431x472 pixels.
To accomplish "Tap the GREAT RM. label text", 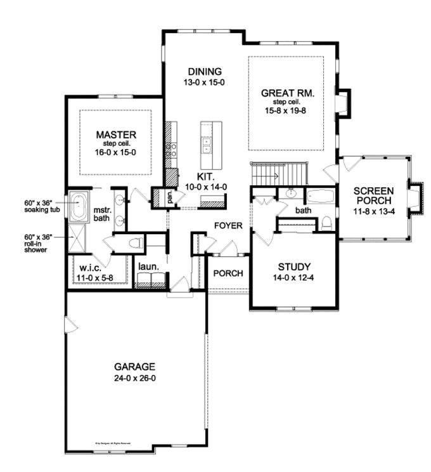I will click(x=288, y=93).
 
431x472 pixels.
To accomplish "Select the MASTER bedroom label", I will click(x=116, y=134).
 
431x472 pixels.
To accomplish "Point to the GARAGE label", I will click(x=134, y=367).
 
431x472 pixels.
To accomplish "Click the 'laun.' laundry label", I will click(x=148, y=268).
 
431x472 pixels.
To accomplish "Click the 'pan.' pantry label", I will click(x=170, y=197).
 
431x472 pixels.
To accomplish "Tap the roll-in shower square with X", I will click(x=79, y=240).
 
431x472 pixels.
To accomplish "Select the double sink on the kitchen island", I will click(x=207, y=145).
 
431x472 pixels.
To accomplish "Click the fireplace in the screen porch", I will click(x=415, y=197).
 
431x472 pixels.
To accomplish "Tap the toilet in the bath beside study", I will click(x=326, y=223).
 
